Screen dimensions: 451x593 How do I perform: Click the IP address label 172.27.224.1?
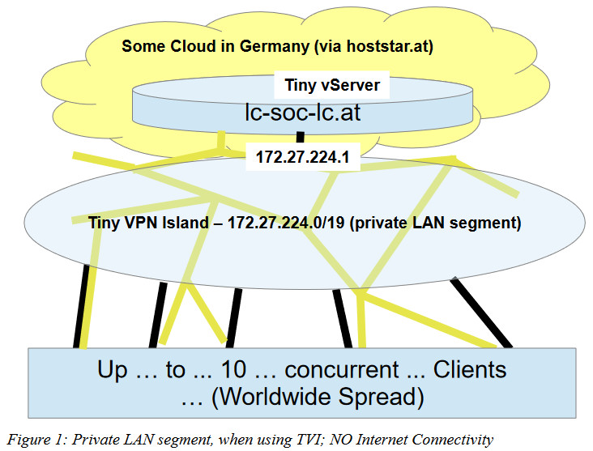pos(301,159)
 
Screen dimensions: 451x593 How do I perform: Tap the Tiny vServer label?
pos(332,85)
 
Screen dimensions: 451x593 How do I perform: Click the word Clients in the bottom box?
pos(467,370)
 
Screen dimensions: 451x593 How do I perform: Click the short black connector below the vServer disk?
pos(301,138)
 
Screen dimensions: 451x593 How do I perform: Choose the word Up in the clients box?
pos(112,371)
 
